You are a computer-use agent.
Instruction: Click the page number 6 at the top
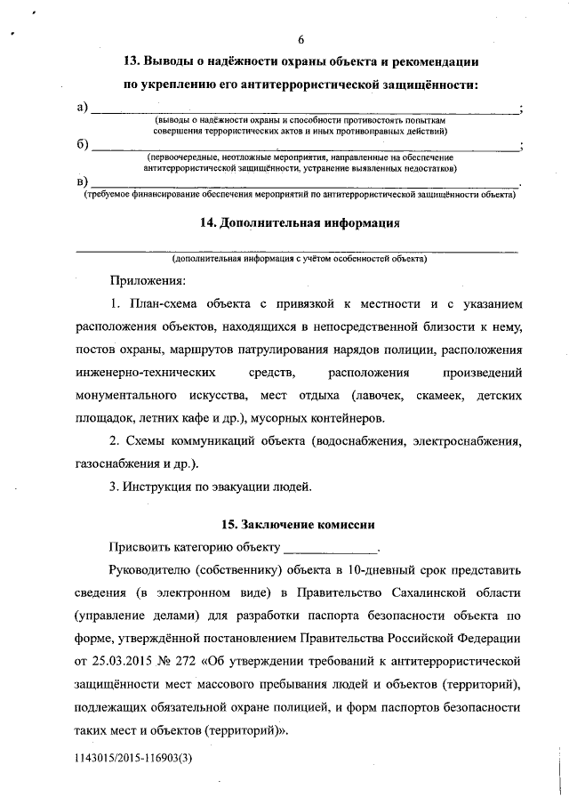[x=301, y=40]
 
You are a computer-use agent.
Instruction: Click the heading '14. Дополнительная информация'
[x=301, y=222]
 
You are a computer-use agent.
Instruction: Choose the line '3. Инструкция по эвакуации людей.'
[x=211, y=487]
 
